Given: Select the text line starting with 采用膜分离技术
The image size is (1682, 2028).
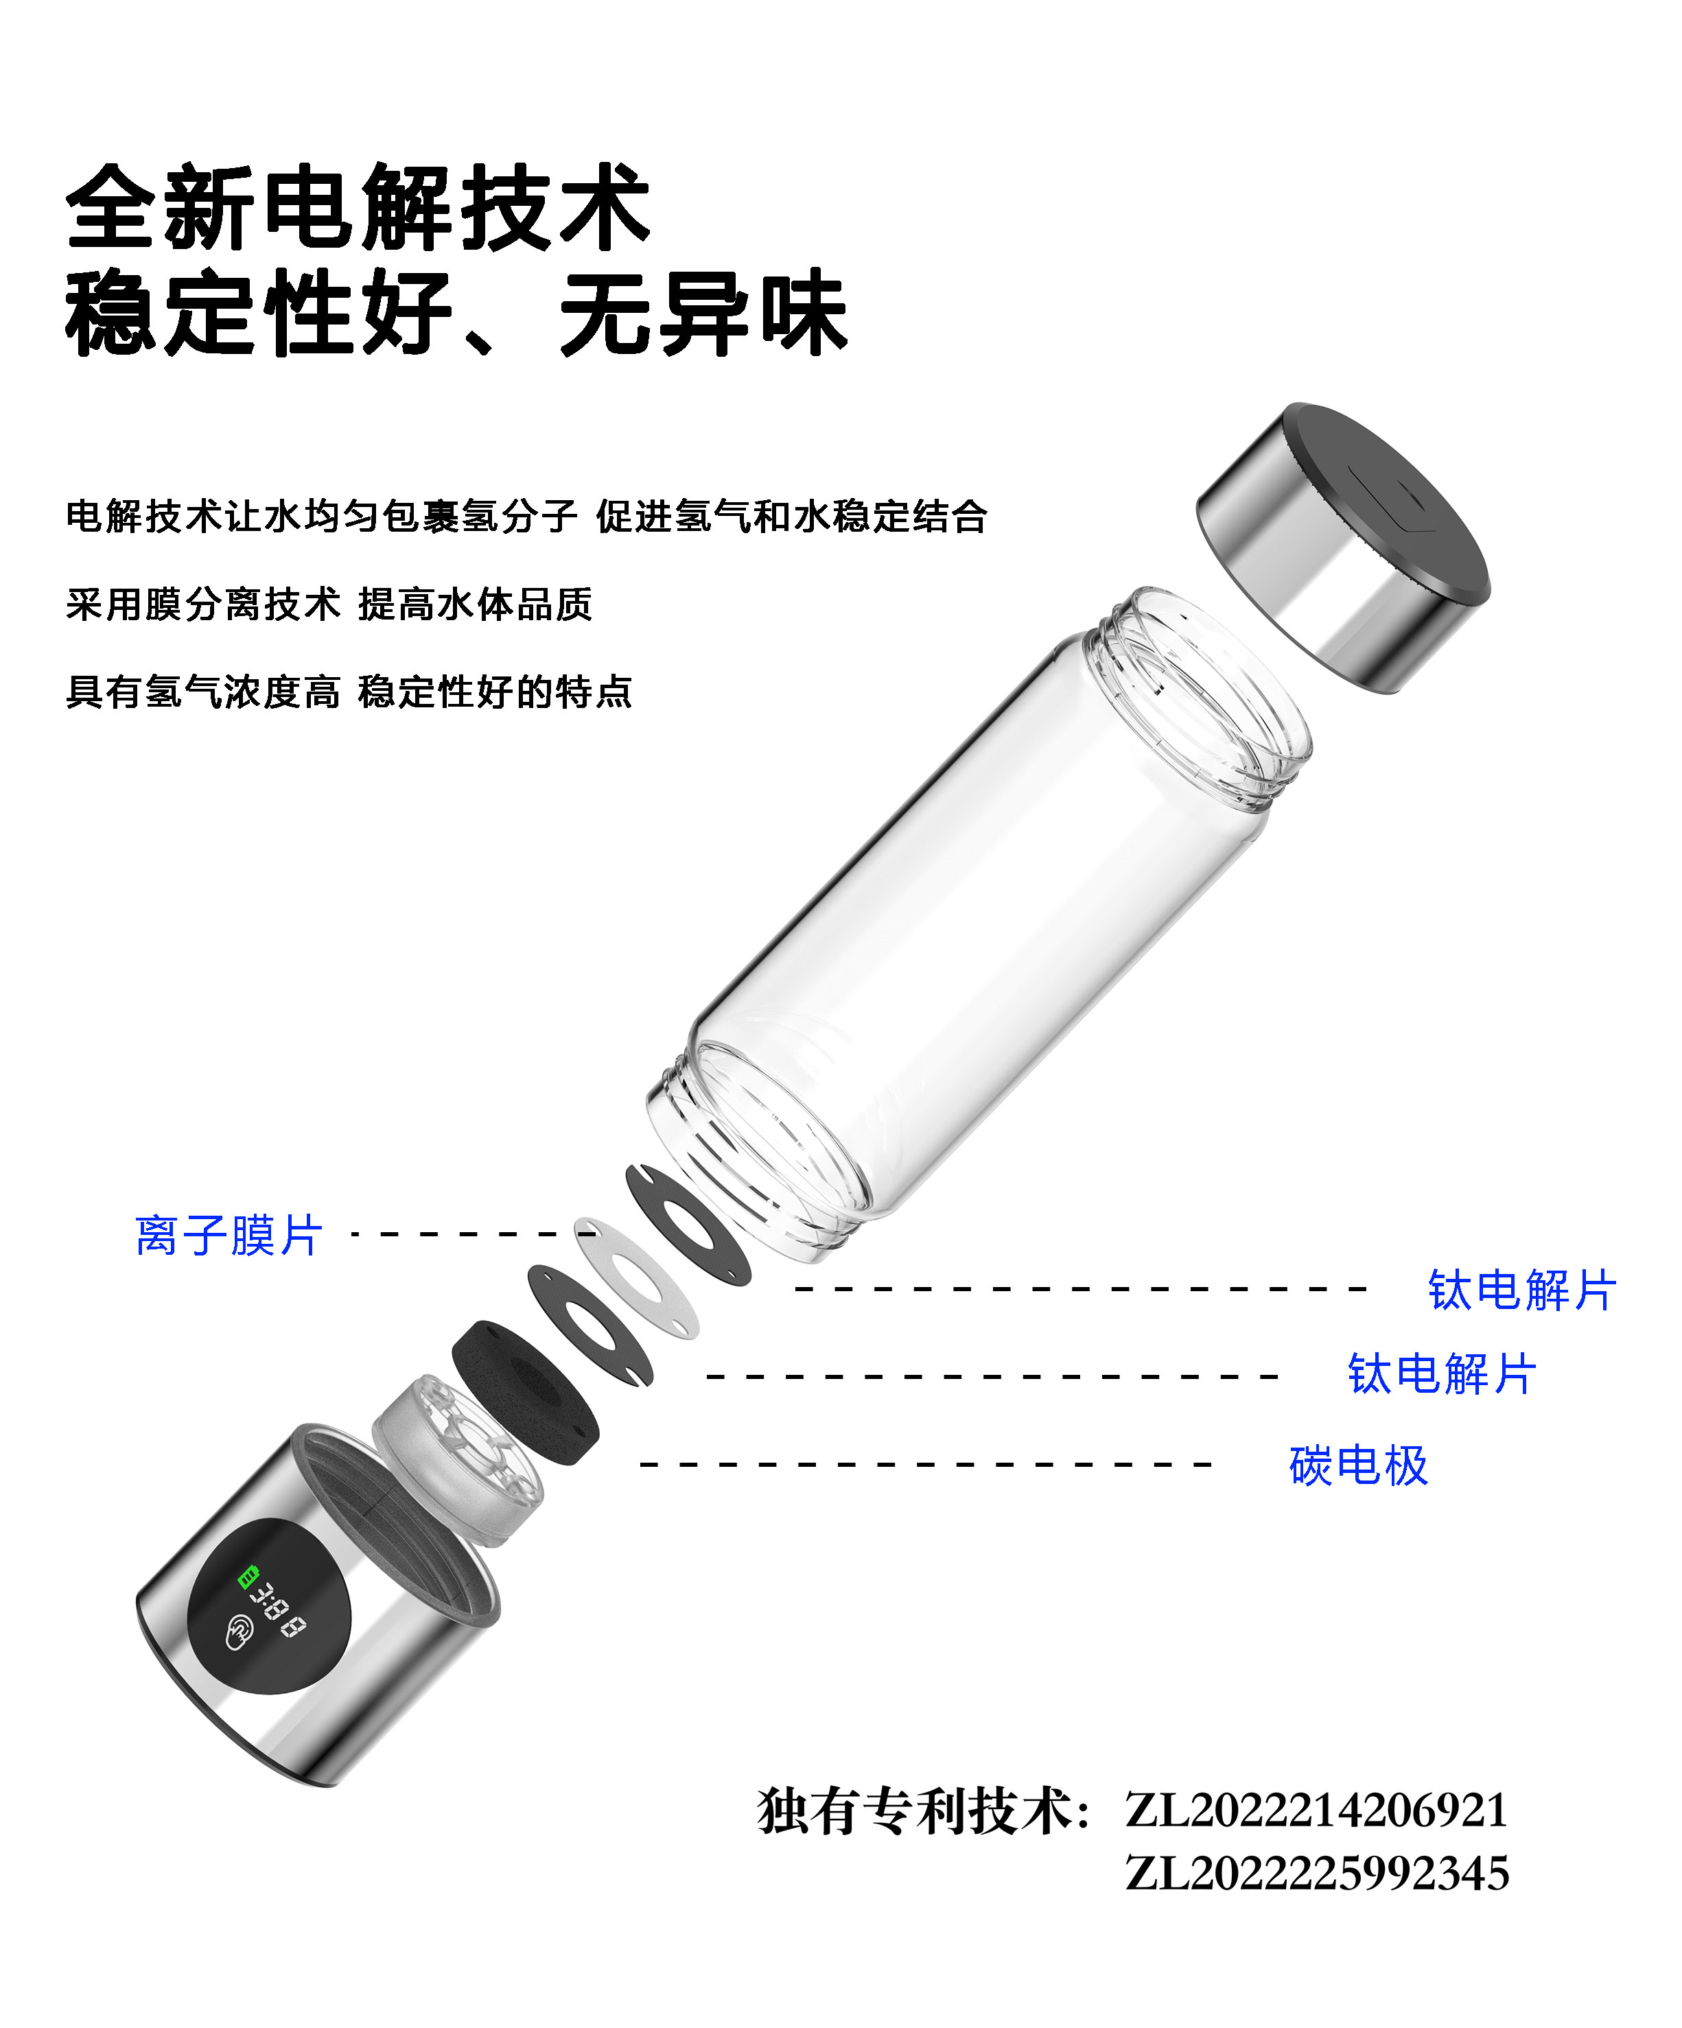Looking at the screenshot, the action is point(329,604).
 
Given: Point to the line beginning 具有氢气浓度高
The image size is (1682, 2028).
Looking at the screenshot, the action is point(349,692).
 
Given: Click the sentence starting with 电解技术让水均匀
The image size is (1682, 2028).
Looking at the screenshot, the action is point(526,517).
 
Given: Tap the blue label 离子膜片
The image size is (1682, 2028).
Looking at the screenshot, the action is point(229,1235).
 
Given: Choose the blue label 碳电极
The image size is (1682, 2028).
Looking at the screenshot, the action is point(1358,1465).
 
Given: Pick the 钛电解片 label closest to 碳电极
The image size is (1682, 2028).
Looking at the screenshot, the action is point(1441,1374).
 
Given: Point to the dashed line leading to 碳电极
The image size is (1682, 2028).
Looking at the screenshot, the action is point(926,1464).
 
